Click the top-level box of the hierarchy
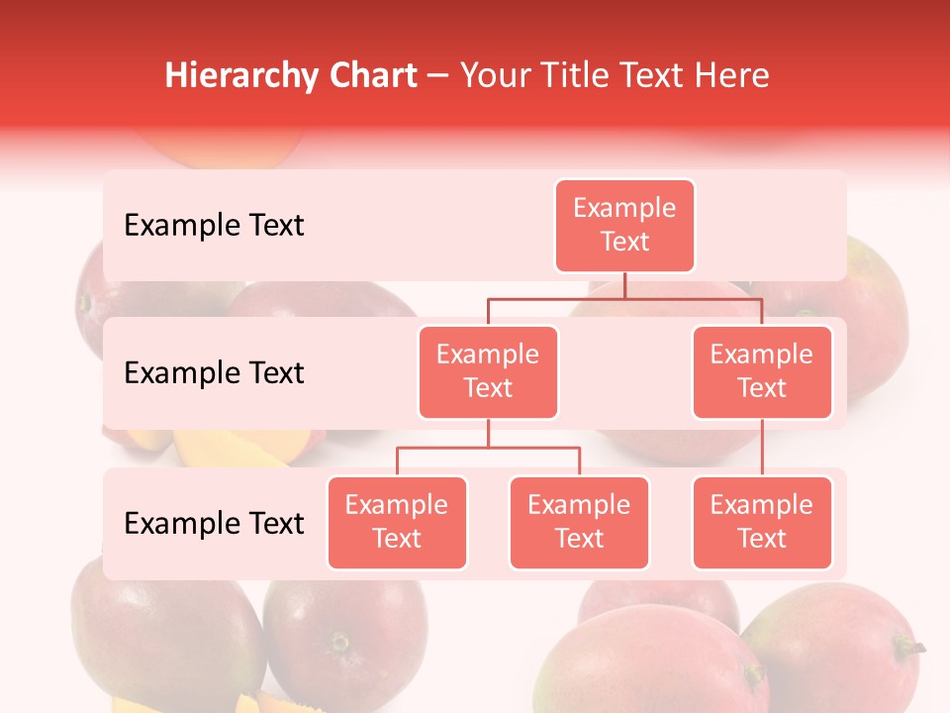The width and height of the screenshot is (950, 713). pyautogui.click(x=624, y=225)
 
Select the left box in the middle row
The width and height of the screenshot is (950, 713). pyautogui.click(x=488, y=371)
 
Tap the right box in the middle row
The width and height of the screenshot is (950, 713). pyautogui.click(x=762, y=371)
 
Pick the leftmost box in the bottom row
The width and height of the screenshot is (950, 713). pyautogui.click(x=397, y=522)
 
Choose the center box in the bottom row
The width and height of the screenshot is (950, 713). pyautogui.click(x=579, y=522)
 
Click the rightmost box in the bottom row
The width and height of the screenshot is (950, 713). pyautogui.click(x=762, y=522)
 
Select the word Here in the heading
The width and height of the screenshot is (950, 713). pyautogui.click(x=732, y=76)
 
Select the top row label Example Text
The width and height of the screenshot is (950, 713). pyautogui.click(x=214, y=226)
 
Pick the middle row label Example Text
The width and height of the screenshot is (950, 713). pyautogui.click(x=214, y=373)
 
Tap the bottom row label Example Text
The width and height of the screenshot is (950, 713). pyautogui.click(x=214, y=523)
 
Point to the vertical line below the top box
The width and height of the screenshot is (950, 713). pyautogui.click(x=624, y=285)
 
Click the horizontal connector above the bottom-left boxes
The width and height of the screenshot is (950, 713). pyautogui.click(x=488, y=448)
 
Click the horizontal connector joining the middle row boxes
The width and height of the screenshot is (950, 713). pyautogui.click(x=624, y=298)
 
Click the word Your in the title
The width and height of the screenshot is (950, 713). pyautogui.click(x=496, y=76)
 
